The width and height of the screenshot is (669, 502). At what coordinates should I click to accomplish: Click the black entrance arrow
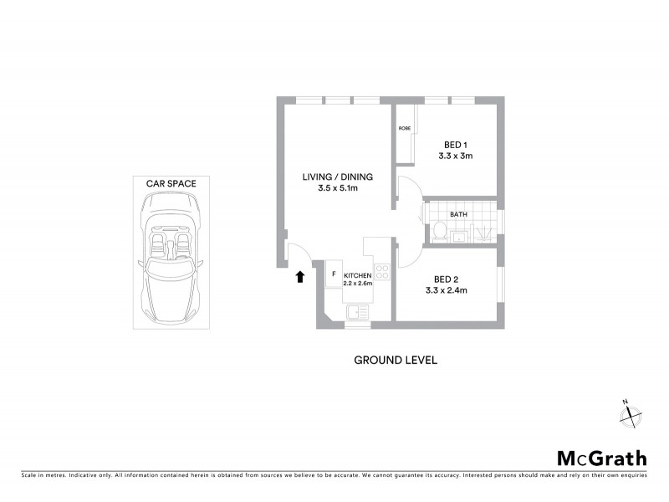tap(299, 277)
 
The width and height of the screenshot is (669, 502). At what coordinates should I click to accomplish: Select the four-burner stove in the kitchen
tap(381, 272)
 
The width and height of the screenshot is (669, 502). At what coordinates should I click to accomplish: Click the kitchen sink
tap(357, 313)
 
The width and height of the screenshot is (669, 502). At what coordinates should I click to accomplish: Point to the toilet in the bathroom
tap(438, 232)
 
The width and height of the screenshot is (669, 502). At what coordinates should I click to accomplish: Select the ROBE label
tap(405, 128)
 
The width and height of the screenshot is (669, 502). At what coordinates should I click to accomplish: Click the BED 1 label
tap(456, 144)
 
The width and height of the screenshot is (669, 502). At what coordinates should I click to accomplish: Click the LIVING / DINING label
tap(338, 177)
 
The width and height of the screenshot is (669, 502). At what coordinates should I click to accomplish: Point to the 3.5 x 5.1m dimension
tap(338, 189)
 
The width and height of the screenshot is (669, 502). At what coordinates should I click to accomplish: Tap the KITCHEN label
tap(357, 275)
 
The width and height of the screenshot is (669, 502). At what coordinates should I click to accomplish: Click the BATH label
tap(458, 214)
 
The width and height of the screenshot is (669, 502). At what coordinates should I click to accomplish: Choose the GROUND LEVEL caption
tap(396, 361)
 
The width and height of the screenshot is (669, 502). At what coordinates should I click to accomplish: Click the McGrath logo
tap(602, 458)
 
